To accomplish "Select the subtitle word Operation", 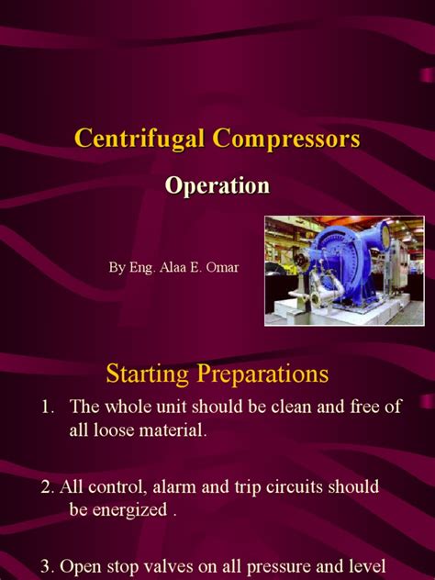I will (217, 185).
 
